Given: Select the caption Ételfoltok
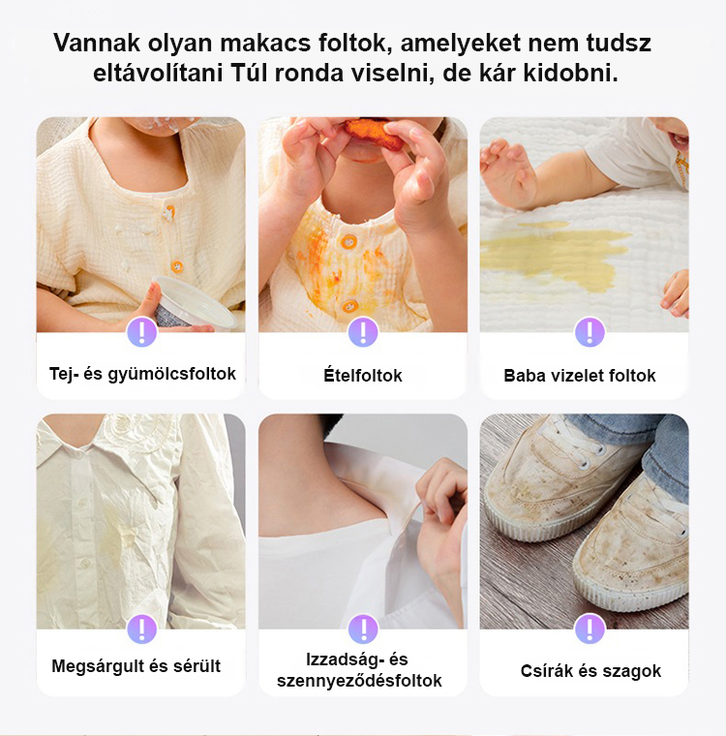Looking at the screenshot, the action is point(363,376).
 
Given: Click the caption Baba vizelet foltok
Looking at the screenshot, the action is point(580,376).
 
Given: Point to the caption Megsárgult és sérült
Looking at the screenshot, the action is point(136,665).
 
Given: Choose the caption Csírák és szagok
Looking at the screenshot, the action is point(590,671).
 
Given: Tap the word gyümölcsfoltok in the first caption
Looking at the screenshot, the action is point(172,374).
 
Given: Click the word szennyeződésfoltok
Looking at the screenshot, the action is point(359,681).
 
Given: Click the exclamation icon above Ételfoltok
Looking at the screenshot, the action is point(363,332).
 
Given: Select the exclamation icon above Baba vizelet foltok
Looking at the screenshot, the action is point(590,332).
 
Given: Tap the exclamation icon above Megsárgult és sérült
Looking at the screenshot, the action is point(141,629).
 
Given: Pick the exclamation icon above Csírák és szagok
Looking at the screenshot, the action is point(590,629).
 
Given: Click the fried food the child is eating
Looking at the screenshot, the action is point(373,133).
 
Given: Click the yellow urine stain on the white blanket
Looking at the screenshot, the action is point(554,254).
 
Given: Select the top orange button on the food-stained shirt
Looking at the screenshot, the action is point(348,242).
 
